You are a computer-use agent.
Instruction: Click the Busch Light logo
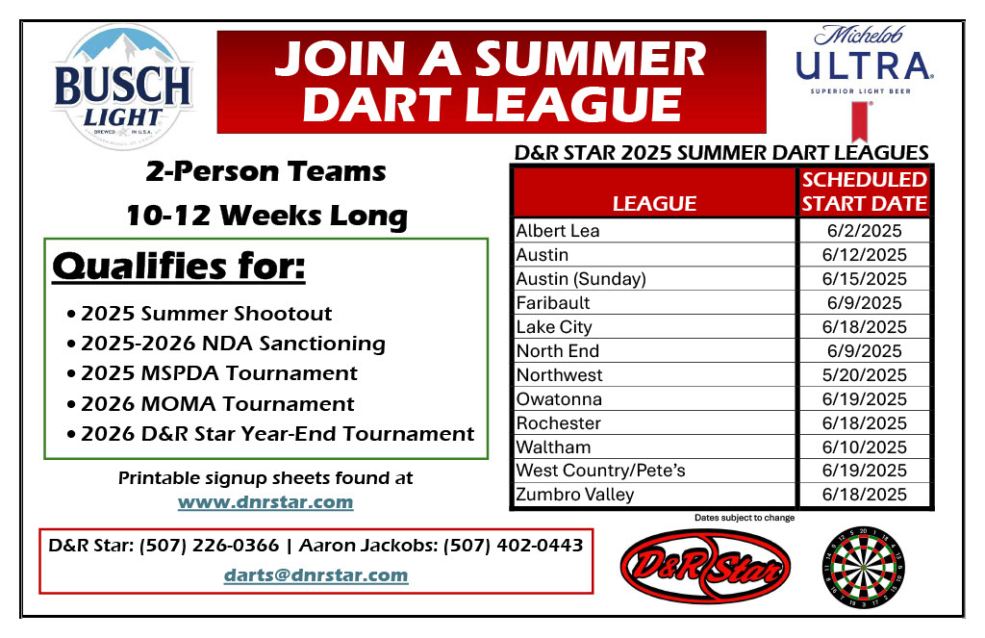click(x=123, y=87)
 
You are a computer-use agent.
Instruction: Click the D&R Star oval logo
click(x=705, y=566)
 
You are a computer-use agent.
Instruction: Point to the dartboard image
click(x=864, y=568)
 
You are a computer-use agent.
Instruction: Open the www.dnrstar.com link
click(x=265, y=502)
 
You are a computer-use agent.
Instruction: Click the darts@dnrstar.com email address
click(x=316, y=575)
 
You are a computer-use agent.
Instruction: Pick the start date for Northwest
click(x=865, y=375)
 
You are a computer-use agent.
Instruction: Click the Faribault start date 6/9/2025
click(x=865, y=303)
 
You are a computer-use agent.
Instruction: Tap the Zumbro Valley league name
click(x=575, y=495)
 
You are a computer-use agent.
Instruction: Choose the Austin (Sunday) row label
click(x=581, y=279)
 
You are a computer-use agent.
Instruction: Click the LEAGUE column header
click(x=654, y=204)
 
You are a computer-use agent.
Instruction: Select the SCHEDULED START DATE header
click(x=865, y=191)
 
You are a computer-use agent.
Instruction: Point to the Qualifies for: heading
click(x=179, y=267)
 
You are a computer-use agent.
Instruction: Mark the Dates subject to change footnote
click(x=745, y=518)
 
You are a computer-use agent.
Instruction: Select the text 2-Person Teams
click(x=265, y=171)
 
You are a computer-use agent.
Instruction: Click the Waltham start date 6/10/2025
click(x=865, y=447)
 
